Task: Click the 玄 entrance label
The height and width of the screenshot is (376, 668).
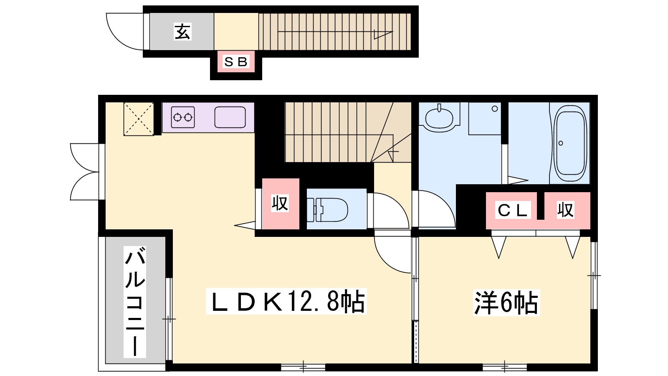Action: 182,32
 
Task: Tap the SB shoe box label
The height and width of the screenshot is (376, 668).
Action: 235,62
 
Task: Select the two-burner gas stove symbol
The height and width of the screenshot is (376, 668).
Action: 183,117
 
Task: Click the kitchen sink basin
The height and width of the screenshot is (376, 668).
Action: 230,117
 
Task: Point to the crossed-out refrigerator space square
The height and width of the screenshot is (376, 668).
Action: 139,119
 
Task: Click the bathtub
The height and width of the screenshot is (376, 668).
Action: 570,143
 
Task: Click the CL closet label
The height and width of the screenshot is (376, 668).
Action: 513,210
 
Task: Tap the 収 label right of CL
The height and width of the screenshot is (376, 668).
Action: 565,210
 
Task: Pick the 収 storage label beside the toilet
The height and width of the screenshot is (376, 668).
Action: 280,203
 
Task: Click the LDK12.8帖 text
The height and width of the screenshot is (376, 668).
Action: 286,301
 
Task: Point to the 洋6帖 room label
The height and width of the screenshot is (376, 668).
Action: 506,302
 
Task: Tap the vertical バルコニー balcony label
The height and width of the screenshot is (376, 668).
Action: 135,302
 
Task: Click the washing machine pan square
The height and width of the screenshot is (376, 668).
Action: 485,119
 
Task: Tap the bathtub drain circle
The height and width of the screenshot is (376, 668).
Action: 561,143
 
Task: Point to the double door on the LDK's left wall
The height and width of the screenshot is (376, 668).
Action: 85,172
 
